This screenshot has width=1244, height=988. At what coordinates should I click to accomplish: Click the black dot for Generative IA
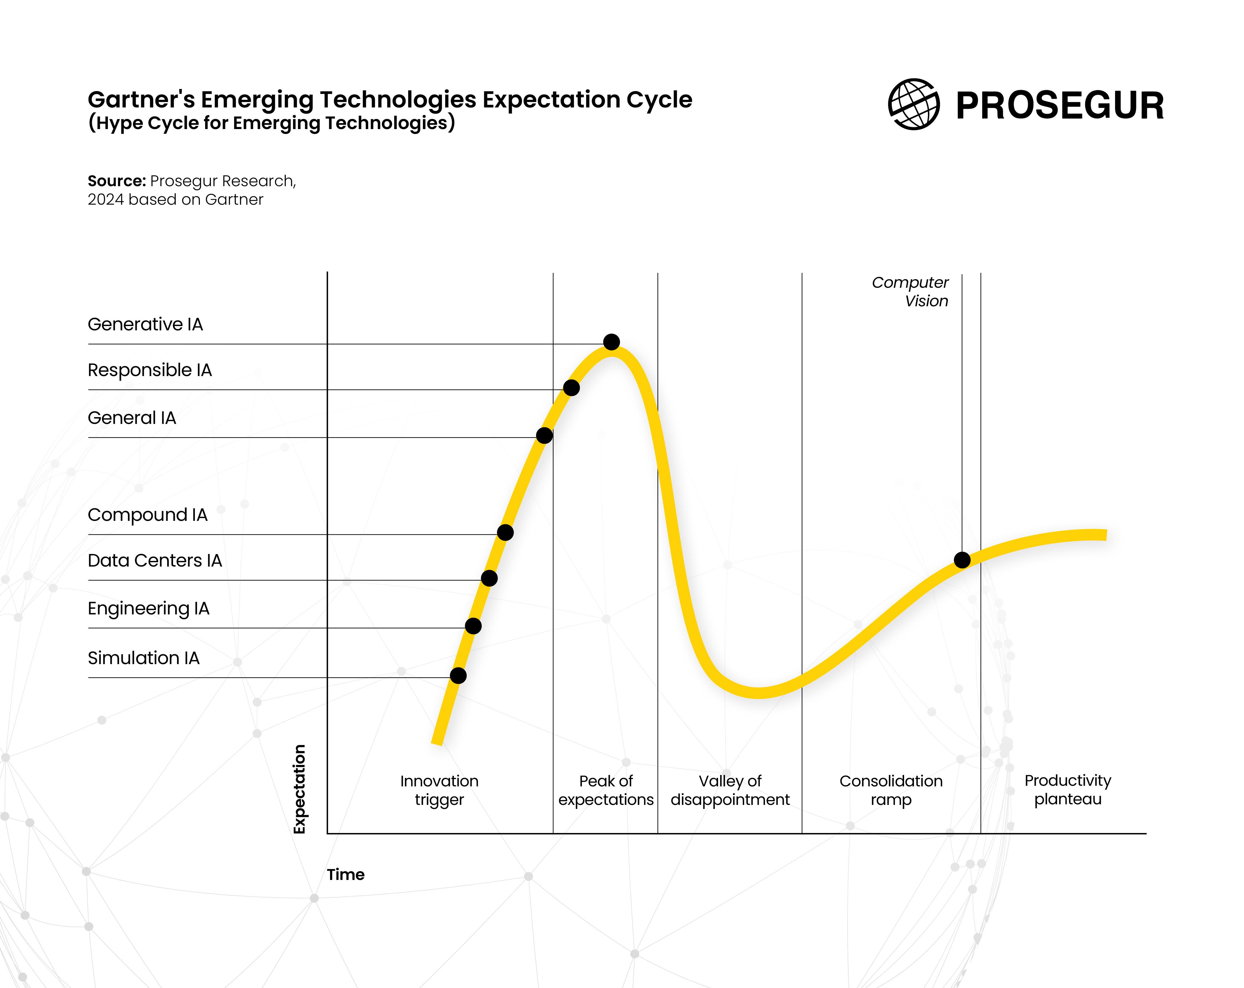pyautogui.click(x=612, y=342)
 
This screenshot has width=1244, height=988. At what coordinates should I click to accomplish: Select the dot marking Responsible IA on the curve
pyautogui.click(x=571, y=387)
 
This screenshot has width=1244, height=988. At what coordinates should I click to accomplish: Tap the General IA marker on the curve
pyautogui.click(x=544, y=435)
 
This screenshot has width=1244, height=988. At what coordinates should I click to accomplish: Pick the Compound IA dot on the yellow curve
pyautogui.click(x=505, y=532)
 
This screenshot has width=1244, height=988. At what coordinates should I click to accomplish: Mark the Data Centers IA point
pyautogui.click(x=489, y=578)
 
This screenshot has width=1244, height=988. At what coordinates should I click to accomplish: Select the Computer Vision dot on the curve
pyautogui.click(x=962, y=559)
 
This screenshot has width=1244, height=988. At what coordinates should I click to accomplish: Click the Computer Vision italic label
pyautogui.click(x=910, y=291)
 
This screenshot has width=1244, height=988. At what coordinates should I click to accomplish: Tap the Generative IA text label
pyautogui.click(x=145, y=324)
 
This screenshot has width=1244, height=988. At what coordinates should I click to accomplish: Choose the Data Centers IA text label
pyautogui.click(x=155, y=561)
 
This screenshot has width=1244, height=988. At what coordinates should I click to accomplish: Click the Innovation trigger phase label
pyautogui.click(x=440, y=790)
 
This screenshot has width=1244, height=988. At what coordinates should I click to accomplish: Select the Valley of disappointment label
pyautogui.click(x=730, y=790)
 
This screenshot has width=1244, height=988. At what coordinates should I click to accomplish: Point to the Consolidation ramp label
pyautogui.click(x=891, y=790)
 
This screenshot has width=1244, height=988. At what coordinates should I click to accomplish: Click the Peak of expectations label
pyautogui.click(x=606, y=790)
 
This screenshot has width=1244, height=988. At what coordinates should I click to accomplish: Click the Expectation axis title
pyautogui.click(x=299, y=789)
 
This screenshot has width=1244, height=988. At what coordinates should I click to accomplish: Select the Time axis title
pyautogui.click(x=345, y=875)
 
